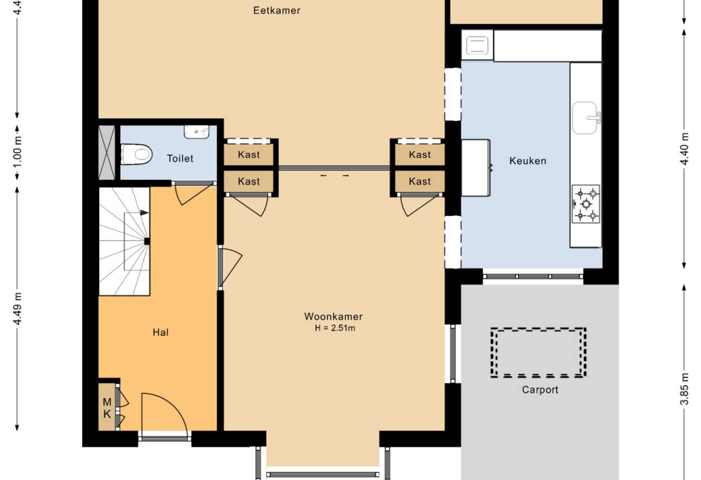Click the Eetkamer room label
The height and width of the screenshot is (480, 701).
(x=277, y=11)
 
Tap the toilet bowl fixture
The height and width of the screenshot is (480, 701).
(x=136, y=154)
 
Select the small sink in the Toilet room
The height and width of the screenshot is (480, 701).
(x=196, y=132)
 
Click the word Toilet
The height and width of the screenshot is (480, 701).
(x=180, y=159)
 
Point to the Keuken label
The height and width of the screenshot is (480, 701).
(x=527, y=161)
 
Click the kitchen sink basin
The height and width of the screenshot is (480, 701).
(x=585, y=118)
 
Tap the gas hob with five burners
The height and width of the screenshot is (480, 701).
(x=586, y=204)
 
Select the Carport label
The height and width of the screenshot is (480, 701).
(x=540, y=390)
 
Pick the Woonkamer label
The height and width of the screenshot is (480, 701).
(x=334, y=317)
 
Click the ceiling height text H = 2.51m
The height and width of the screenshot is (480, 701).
(x=335, y=328)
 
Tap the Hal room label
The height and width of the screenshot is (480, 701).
(x=161, y=332)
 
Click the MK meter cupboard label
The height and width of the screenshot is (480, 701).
(x=107, y=408)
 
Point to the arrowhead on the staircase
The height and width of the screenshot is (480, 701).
(x=145, y=213)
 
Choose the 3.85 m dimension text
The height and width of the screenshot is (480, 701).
(x=684, y=389)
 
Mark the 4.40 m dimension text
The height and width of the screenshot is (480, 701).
(x=684, y=149)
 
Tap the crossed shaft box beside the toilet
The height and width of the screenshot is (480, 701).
(x=107, y=153)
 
